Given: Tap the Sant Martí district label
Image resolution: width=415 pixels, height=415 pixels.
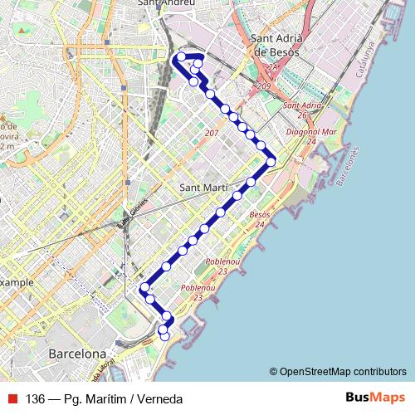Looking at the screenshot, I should point(204,188).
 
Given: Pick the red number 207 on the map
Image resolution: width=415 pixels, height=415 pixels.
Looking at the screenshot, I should point(211,133).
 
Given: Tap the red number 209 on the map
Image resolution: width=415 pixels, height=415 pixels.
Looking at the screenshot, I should point(266,86).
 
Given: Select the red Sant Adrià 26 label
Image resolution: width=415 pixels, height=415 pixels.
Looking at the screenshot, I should point(302,110).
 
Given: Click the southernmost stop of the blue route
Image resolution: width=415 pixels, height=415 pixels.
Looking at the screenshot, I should point(164,336).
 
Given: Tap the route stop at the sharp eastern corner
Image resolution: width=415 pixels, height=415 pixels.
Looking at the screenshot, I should point(271,162).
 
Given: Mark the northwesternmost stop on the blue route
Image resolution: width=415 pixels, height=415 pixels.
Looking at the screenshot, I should point(181,56).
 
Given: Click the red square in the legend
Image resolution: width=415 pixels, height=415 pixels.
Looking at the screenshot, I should point(12,398).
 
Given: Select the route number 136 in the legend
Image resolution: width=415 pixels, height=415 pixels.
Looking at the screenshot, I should point(35,398).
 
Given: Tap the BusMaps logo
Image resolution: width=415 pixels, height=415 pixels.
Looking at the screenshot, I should point(375,398).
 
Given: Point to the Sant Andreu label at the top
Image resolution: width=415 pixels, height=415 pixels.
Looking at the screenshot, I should point(166,3).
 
